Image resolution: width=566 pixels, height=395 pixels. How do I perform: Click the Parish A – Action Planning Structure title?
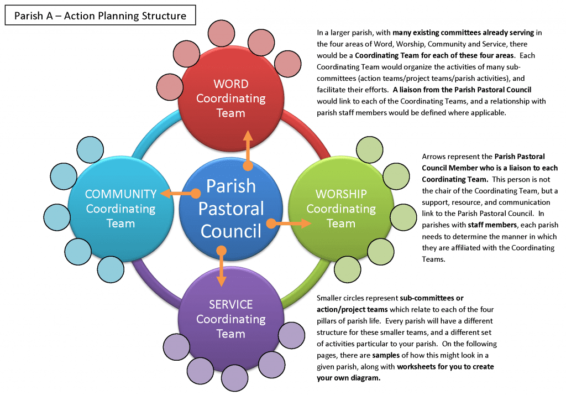click(100, 15)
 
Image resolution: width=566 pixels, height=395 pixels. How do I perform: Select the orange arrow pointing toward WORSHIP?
click(289, 224)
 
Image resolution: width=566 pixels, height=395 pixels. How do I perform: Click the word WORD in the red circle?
click(231, 84)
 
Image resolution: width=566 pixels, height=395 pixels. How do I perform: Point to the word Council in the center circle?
click(231, 230)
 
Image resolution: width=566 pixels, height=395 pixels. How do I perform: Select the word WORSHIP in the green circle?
click(341, 194)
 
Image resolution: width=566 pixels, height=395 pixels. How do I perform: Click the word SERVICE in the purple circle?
click(231, 305)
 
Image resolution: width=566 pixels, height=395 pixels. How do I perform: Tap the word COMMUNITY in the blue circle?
click(120, 194)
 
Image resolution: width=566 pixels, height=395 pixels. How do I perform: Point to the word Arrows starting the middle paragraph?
click(434, 157)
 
